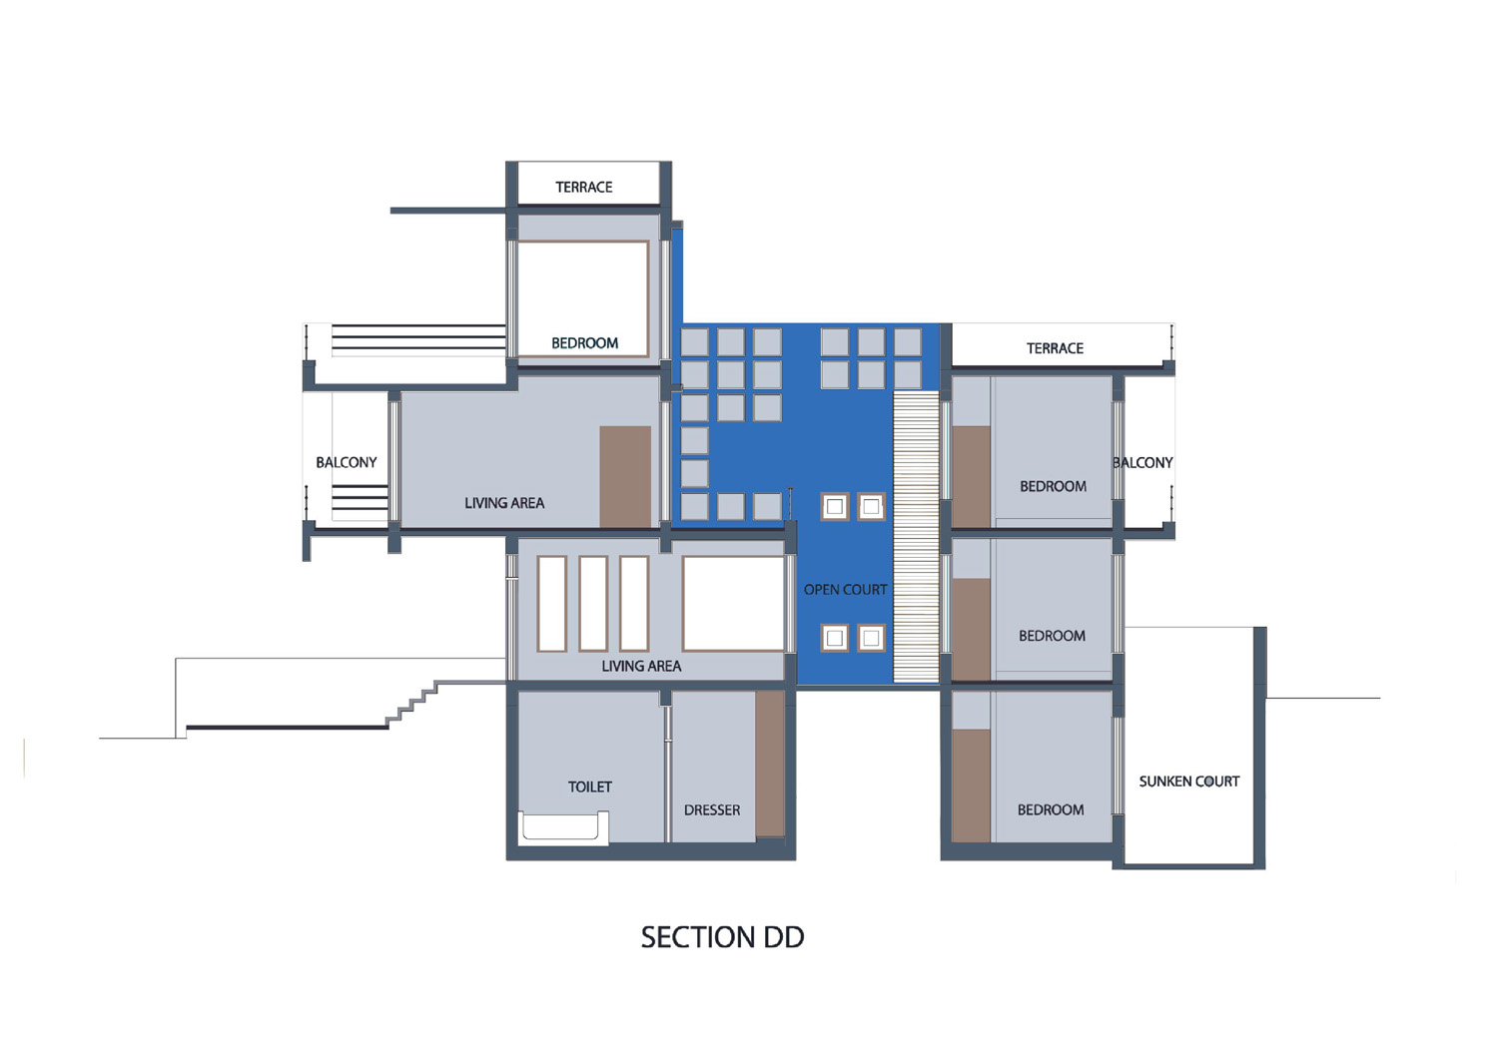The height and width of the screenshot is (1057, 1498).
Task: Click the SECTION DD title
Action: [x=722, y=937]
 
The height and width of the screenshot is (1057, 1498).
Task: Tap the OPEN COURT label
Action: [x=845, y=590]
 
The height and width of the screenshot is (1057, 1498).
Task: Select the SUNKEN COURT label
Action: [x=1189, y=781]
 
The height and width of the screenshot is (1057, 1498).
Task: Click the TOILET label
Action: [x=590, y=787]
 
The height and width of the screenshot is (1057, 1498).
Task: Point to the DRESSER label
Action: [x=711, y=810]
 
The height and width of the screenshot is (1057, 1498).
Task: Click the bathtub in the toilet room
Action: [x=565, y=826]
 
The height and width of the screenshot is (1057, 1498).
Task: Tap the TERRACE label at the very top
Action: [x=584, y=188]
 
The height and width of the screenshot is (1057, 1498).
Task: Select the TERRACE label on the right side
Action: [x=1055, y=348]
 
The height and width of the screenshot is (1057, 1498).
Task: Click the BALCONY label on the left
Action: [x=347, y=463]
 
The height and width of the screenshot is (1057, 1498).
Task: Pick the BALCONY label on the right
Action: [x=1142, y=463]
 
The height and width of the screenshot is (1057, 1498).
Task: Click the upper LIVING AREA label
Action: [x=504, y=503]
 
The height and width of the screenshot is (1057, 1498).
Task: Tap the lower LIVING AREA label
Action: [x=641, y=666]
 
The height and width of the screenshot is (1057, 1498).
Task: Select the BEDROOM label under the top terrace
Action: [x=584, y=343]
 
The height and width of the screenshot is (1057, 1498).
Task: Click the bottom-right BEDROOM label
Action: [x=1051, y=810]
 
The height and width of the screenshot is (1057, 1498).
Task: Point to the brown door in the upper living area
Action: [x=625, y=477]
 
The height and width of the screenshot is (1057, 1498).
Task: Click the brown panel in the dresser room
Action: [x=770, y=764]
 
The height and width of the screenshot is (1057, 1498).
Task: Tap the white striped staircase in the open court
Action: [x=916, y=537]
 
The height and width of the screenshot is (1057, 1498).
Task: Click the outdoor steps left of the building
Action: [x=411, y=704]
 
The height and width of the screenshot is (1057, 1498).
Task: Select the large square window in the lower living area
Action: [x=733, y=603]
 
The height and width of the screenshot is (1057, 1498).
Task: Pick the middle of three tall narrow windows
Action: [x=593, y=604]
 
